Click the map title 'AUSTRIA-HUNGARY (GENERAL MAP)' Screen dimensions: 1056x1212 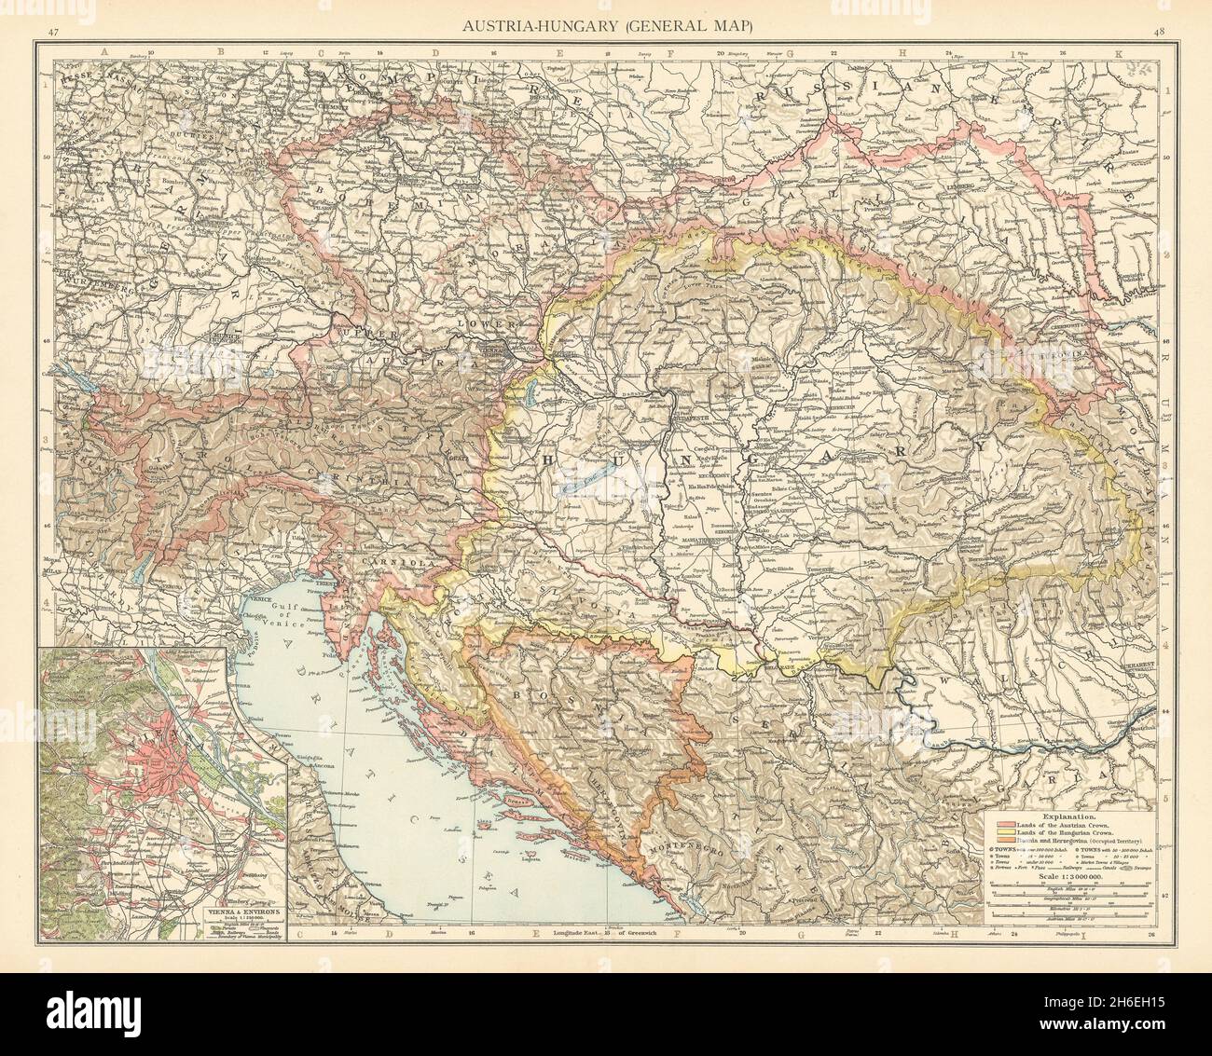605,26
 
